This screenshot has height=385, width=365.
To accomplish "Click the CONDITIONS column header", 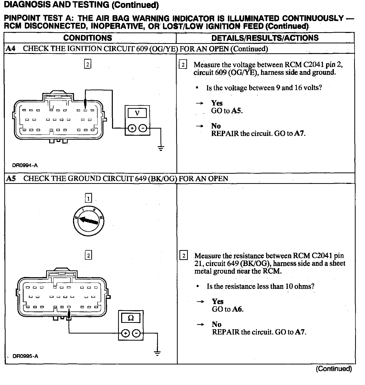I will coord(87,38).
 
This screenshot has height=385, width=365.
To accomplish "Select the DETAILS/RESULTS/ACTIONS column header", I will coord(265,38).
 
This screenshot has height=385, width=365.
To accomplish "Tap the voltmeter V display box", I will coord(137,113).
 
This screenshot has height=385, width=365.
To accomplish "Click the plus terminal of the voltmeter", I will coord(132,128).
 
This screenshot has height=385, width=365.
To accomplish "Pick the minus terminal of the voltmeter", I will coord(143,128).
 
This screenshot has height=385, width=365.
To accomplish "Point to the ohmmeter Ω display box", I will coord(131,318).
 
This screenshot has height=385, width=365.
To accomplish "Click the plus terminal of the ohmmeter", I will coord(125,333).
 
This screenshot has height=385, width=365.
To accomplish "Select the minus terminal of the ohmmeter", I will coord(136,333).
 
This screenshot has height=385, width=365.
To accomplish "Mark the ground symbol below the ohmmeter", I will coord(157,353).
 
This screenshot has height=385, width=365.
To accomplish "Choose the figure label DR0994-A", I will coord(25,165).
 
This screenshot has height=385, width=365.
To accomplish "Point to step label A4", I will coord(10,48).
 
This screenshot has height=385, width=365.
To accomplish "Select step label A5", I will coord(11,179).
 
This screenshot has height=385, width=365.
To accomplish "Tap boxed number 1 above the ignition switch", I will coord(88,198).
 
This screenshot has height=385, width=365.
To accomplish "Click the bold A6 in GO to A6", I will coord(238,309).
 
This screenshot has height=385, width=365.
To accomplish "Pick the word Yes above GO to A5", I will coord(217,103).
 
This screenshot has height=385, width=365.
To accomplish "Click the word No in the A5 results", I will coord(216,324).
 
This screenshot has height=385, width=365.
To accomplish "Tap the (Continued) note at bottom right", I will coord(334,369).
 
